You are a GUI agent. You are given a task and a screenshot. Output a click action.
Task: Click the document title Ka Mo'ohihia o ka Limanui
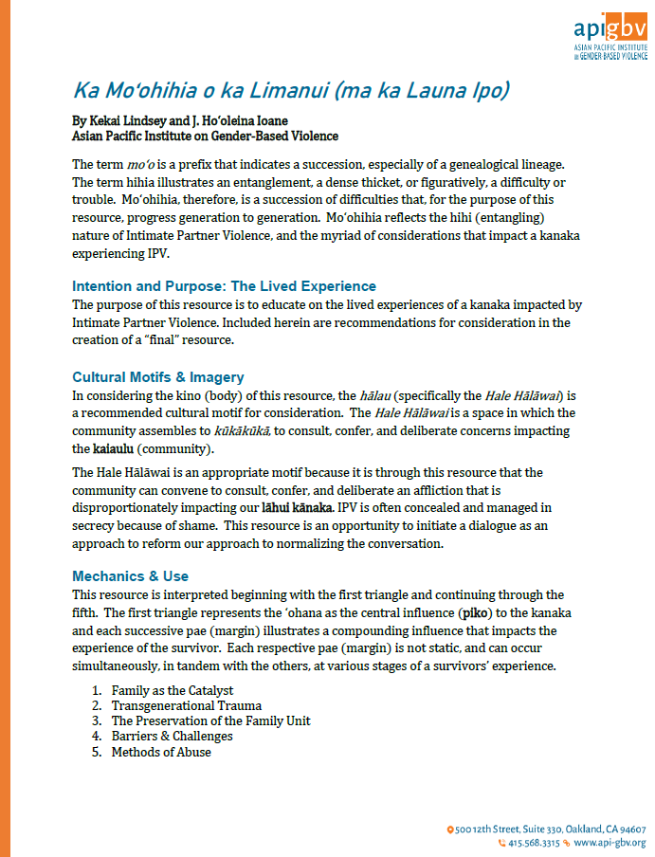coord(292,91)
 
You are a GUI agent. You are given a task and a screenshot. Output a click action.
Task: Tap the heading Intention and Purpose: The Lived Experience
coord(224,286)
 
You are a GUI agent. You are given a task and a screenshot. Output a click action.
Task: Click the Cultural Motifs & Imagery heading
coord(158,376)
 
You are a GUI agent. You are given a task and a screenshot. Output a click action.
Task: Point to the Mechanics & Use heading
coord(131,575)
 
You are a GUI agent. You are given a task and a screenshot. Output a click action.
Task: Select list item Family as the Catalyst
coord(173,690)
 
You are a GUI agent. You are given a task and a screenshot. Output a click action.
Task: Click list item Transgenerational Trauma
coord(186,705)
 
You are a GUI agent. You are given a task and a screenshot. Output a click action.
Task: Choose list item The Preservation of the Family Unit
coord(210,720)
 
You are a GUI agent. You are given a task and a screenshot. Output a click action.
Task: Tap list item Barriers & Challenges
coord(172,736)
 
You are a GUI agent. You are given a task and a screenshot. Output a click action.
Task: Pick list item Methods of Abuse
coord(161,752)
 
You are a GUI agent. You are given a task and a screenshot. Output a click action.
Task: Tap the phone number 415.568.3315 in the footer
coord(533,842)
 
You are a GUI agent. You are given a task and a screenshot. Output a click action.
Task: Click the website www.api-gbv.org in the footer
coord(610,842)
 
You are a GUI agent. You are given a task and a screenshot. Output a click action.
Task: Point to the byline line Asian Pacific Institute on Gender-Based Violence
coord(204,136)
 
